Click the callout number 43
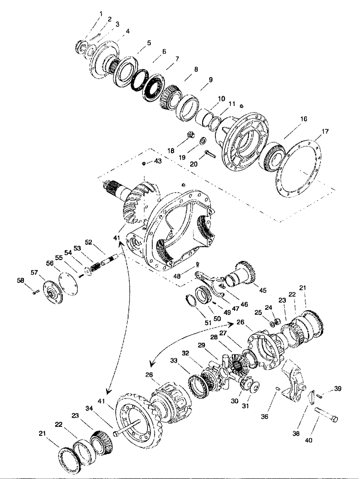[x=157, y=163]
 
